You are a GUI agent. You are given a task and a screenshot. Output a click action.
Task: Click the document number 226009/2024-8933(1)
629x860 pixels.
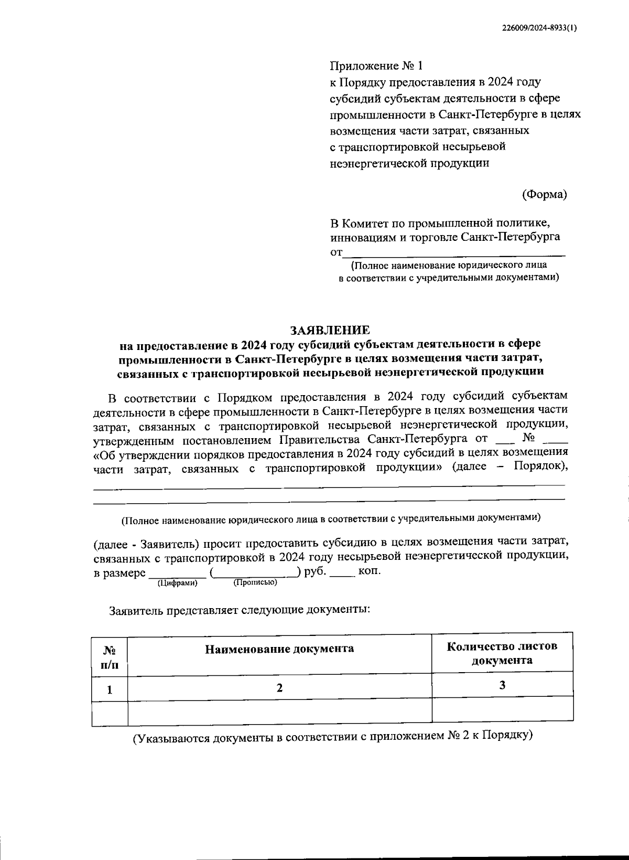pos(538,29)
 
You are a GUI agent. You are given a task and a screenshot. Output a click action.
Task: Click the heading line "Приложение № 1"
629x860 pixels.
pos(375,66)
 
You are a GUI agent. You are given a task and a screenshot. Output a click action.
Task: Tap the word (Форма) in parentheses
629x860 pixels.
pos(545,195)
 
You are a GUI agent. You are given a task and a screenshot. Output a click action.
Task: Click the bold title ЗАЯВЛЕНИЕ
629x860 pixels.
pos(330,330)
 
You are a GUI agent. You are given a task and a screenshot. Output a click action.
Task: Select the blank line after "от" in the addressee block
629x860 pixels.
pos(454,254)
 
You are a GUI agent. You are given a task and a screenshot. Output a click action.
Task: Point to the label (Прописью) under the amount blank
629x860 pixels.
pos(255,582)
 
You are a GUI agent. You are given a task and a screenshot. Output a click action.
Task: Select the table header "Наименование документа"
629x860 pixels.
pos(279,649)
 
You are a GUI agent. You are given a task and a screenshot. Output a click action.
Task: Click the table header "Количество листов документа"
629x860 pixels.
pos(502,653)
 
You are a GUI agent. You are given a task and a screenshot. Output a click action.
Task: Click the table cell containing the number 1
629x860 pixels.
pos(110,689)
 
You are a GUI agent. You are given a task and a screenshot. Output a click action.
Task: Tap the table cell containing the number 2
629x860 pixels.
pos(279,688)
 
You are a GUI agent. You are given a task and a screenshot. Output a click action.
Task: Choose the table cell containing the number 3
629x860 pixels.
pos(502,685)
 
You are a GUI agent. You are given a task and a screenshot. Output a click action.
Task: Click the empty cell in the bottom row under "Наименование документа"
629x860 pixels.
pos(279,711)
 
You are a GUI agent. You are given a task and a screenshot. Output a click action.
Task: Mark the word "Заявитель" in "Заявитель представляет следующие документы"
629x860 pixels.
pos(135,610)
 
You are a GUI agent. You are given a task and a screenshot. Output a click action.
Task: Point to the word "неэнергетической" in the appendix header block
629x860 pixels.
pos(378,163)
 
